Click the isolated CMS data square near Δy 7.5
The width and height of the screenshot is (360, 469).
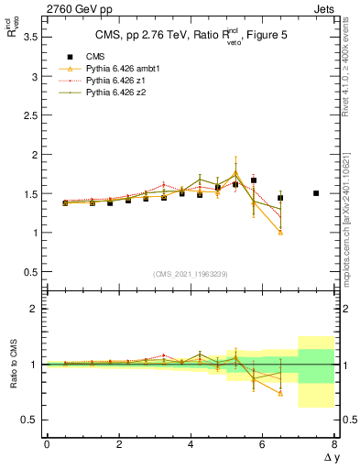point(316,193)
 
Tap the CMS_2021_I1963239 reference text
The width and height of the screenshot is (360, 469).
point(190,274)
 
